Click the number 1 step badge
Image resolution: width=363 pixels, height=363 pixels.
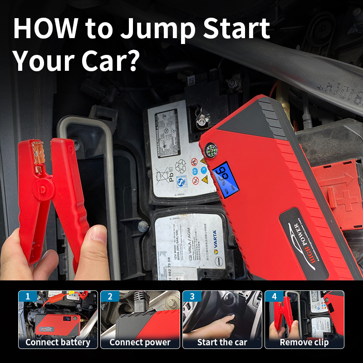point(28,297)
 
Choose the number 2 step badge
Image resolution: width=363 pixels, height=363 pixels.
point(110,297)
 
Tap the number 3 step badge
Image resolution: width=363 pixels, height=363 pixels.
point(192,297)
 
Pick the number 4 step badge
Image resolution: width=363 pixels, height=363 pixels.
point(274,297)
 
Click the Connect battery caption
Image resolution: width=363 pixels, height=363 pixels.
point(58,342)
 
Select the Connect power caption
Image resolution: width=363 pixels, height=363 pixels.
point(140,342)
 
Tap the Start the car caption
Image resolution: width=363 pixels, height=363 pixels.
point(222,342)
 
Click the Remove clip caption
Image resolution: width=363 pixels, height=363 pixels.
point(304,342)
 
